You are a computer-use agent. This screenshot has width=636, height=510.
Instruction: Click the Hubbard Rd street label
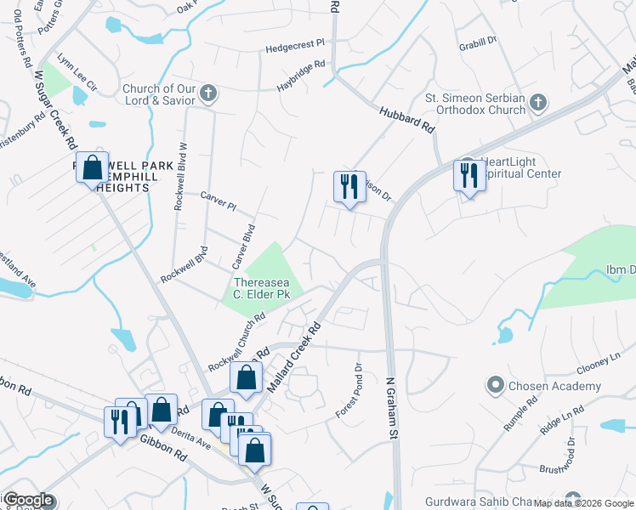tap(406, 116)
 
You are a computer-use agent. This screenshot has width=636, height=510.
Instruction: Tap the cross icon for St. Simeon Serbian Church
tap(537, 103)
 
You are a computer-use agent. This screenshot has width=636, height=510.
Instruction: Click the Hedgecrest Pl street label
tap(295, 43)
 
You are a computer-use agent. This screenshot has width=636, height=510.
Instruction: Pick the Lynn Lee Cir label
tap(77, 74)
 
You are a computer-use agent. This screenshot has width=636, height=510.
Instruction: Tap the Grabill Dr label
tap(477, 42)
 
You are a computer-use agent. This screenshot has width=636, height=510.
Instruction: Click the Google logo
tap(28, 500)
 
